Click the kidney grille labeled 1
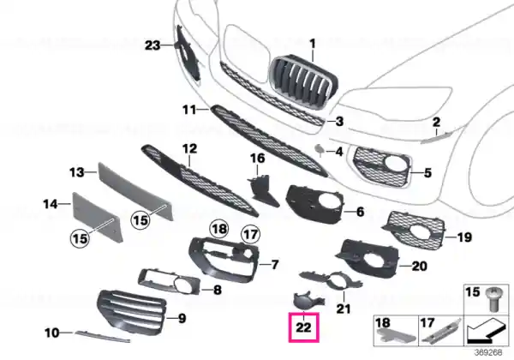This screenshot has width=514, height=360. click(x=303, y=79)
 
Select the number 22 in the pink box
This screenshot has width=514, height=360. click(x=303, y=327)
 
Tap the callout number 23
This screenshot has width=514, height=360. click(x=152, y=45)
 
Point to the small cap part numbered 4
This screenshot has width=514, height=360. click(x=320, y=150)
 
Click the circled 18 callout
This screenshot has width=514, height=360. click(x=219, y=229)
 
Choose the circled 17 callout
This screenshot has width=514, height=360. click(x=251, y=234)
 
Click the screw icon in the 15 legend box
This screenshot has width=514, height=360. click(x=491, y=299)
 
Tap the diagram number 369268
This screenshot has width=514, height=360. click(x=488, y=352)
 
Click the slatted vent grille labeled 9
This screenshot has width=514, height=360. click(x=132, y=309)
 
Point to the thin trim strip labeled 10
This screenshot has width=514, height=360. click(x=102, y=336)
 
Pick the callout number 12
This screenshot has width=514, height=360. click(x=189, y=149)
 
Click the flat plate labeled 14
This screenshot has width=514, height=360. click(x=97, y=217)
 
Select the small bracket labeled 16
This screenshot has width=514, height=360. click(x=263, y=191)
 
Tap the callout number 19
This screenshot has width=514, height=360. click(x=464, y=237)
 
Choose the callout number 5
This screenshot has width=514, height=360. click(x=427, y=173)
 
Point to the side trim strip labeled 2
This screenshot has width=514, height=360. click(x=435, y=138)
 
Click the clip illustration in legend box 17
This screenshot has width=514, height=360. click(x=441, y=331)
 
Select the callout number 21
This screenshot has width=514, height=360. click(x=344, y=309)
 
